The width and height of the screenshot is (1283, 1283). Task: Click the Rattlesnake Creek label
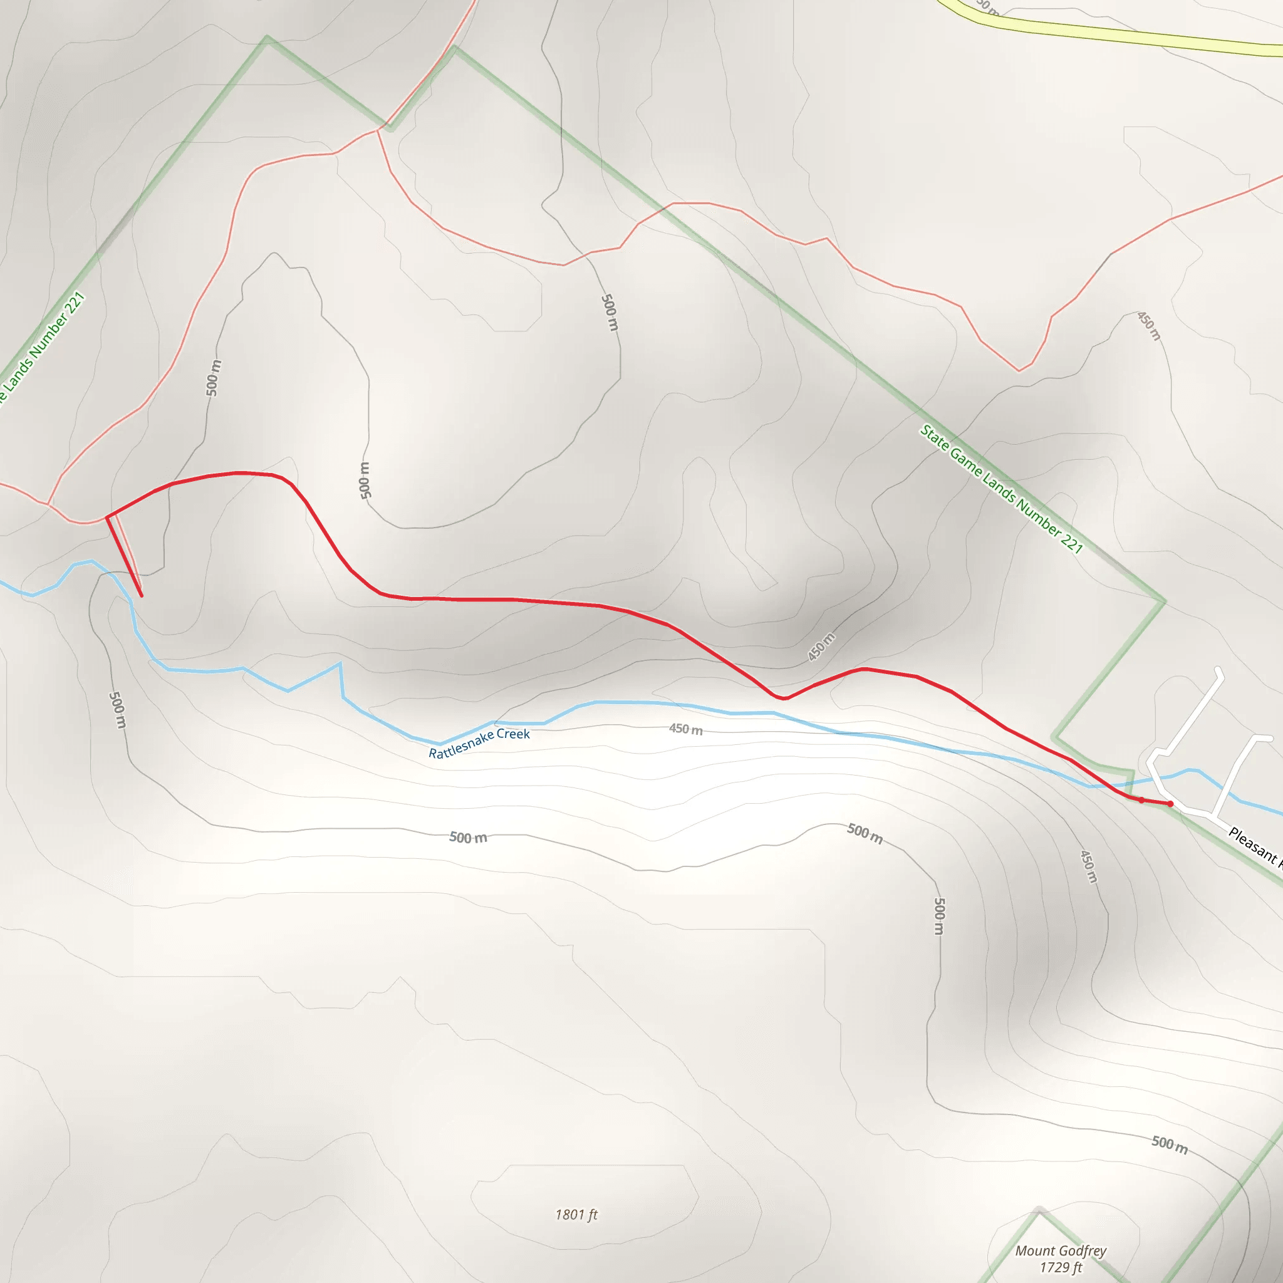[479, 742]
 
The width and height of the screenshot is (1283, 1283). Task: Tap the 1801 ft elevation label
[576, 1215]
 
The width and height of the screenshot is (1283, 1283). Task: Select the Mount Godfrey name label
[1061, 1250]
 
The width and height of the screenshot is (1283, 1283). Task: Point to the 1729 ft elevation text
[1061, 1267]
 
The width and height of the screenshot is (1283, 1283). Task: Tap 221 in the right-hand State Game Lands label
[1071, 543]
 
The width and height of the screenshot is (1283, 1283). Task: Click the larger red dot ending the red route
[1170, 804]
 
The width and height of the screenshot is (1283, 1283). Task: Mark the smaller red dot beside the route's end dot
[1141, 800]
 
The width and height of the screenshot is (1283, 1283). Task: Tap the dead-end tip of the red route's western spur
[142, 596]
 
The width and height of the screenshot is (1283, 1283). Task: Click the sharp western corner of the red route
[107, 517]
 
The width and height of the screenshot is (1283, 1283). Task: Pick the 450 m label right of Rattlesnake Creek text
[685, 729]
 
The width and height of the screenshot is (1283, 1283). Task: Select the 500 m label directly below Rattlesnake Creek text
[468, 838]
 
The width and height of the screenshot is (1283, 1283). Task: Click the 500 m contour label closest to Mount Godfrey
[1170, 1143]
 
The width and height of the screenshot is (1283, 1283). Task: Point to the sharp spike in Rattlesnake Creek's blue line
[340, 663]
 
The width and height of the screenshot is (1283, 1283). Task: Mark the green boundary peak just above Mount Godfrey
[1039, 1210]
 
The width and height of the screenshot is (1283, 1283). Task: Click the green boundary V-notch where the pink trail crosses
[390, 128]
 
